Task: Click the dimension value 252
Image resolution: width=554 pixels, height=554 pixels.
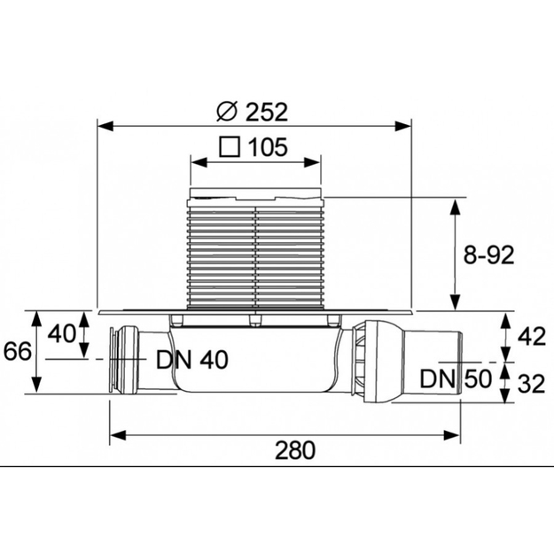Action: tap(267, 112)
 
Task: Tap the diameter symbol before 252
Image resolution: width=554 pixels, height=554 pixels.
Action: tap(226, 111)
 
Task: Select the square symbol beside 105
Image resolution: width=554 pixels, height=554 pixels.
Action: tap(230, 147)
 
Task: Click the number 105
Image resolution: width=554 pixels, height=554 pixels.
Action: tap(267, 147)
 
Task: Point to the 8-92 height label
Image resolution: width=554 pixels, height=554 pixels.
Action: tap(488, 254)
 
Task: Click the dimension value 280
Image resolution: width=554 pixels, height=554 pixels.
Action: tap(295, 450)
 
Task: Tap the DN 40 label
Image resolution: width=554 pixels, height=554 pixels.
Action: tap(192, 360)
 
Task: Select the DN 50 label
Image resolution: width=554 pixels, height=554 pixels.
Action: tap(456, 378)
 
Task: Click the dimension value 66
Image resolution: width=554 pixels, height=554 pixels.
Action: tap(18, 351)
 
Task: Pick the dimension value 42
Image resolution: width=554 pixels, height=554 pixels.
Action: tap(532, 337)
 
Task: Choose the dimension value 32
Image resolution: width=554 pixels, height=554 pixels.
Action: tap(532, 384)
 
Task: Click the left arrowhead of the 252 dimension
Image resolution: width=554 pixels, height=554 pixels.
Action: tap(105, 126)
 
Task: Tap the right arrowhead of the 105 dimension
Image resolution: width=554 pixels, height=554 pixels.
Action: tap(312, 162)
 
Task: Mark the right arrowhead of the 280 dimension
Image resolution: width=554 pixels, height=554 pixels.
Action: tap(451, 435)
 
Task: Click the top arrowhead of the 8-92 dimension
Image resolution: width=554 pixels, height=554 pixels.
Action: tap(456, 207)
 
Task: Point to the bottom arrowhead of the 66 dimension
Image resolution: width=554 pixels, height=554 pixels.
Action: tap(36, 385)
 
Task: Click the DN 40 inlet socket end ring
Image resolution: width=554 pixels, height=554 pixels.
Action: tap(113, 360)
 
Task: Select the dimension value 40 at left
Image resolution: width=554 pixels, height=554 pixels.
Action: tap(61, 333)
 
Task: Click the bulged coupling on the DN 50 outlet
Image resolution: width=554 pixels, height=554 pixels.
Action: tap(378, 362)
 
